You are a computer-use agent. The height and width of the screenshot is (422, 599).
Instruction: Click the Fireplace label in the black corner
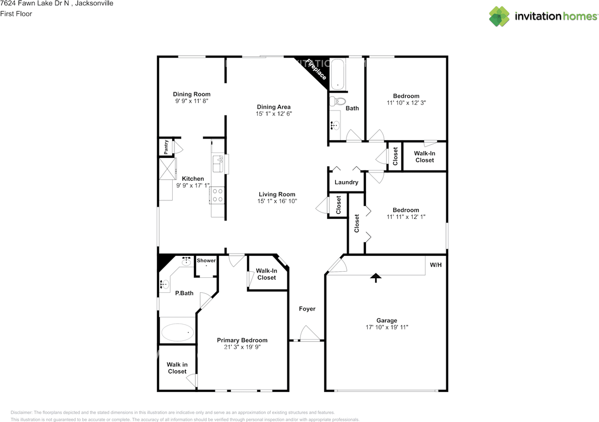click(x=317, y=69)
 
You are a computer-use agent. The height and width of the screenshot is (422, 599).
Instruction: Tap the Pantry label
click(x=166, y=147)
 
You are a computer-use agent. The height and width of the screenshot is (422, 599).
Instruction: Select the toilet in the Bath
click(x=338, y=101)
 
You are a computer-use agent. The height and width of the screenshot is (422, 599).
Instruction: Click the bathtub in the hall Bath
click(x=337, y=74)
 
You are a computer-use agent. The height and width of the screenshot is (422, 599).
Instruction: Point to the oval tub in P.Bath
click(x=177, y=333)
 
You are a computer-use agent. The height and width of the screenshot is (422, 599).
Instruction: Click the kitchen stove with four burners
click(x=218, y=194)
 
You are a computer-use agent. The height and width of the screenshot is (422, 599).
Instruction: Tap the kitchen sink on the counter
click(x=218, y=164)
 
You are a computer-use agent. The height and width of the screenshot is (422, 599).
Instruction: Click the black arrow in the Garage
click(x=375, y=277)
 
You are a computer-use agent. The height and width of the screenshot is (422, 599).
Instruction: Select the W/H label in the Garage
click(x=436, y=265)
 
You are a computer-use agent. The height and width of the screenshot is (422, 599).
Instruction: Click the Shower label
click(x=206, y=260)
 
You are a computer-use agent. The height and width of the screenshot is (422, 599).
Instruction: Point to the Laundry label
click(x=346, y=182)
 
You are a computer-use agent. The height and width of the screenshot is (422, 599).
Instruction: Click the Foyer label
click(x=307, y=309)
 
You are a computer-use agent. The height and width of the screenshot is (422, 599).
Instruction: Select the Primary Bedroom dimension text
click(x=242, y=347)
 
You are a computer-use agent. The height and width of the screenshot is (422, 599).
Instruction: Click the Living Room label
click(x=277, y=194)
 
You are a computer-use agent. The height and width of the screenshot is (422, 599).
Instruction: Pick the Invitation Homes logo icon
click(x=499, y=16)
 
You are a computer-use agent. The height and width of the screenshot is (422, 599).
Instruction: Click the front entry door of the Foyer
click(x=309, y=334)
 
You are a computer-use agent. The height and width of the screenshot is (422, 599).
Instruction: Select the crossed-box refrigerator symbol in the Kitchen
click(x=166, y=169)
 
